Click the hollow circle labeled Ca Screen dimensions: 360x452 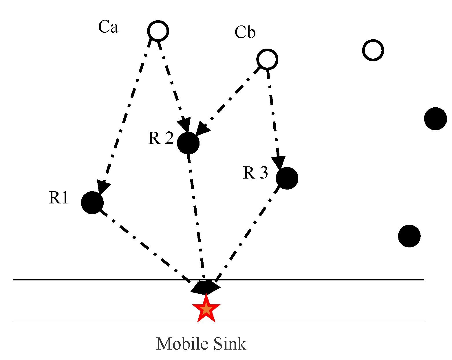click(158, 31)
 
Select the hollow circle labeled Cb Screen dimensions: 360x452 click(267, 59)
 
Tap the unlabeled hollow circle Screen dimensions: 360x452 click(373, 50)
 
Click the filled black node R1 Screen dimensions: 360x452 click(92, 203)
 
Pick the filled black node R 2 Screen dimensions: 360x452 click(188, 143)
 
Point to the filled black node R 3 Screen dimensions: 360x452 click(287, 178)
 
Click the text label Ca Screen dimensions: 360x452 click(108, 27)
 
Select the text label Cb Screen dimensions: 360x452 click(245, 32)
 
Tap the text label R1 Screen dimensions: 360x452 click(58, 198)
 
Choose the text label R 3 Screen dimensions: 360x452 click(255, 173)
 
